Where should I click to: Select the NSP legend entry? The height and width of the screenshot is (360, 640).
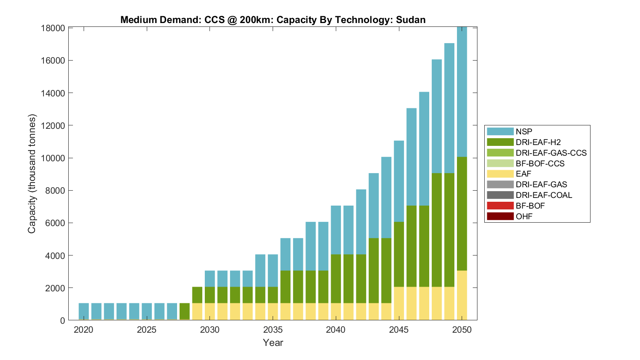point(524,132)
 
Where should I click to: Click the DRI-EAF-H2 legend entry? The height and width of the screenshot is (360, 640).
point(538,142)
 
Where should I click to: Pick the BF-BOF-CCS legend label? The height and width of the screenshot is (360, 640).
point(540,163)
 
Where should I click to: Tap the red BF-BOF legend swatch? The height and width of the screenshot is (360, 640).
point(500,206)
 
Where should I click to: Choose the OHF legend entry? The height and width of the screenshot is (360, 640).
point(524,216)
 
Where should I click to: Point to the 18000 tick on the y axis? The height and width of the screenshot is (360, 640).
point(53,28)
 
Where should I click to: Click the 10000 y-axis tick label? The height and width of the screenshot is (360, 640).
point(53,158)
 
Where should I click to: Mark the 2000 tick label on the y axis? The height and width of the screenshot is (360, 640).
point(55,288)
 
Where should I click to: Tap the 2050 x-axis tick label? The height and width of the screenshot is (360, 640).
point(462,330)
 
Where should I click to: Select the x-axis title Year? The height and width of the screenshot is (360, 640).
point(273,343)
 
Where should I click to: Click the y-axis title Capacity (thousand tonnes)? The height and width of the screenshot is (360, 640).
point(32,174)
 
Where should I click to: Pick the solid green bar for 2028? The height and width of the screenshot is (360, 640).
point(185,311)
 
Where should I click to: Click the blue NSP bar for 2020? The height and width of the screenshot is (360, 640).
point(84,311)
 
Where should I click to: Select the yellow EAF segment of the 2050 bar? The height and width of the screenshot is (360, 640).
point(462,295)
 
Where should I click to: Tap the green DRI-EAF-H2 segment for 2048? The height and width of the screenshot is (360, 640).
point(437,230)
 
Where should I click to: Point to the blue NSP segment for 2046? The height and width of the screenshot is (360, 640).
point(411,157)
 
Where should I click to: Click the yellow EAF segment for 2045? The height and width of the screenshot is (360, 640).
point(399,303)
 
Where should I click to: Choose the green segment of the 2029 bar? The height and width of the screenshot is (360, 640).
point(197,295)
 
